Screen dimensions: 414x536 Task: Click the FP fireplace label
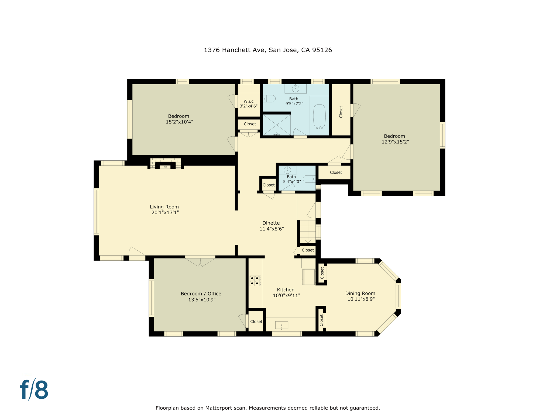tap(165, 167)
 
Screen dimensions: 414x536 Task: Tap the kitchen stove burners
tap(255, 281)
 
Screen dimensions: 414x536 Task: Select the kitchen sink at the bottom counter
tap(281, 325)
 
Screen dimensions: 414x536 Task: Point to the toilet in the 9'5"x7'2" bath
tap(269, 99)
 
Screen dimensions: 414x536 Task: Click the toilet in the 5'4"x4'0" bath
tap(309, 179)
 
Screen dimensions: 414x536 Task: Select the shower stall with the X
tap(277, 125)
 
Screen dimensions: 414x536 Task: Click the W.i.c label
tap(249, 101)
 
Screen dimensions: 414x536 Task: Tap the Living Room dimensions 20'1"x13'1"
tap(165, 213)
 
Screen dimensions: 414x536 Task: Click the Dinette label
tap(271, 223)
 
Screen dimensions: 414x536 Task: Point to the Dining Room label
tap(360, 293)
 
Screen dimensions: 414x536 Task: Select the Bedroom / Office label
tap(201, 294)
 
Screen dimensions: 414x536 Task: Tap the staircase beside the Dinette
tap(308, 231)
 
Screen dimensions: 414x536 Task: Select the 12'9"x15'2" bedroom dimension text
tap(395, 142)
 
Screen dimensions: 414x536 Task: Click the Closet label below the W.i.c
tap(250, 124)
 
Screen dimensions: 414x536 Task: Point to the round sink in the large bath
tap(296, 88)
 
